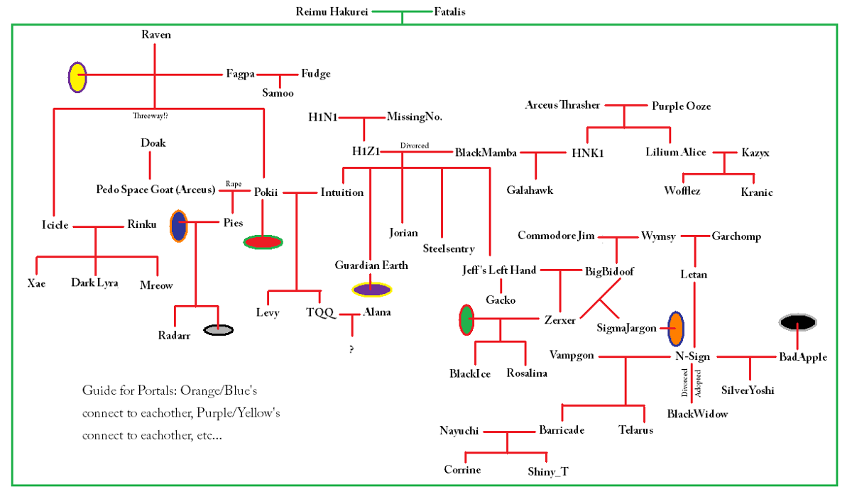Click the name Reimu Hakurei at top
pyautogui.click(x=332, y=11)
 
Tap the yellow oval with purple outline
pyautogui.click(x=77, y=77)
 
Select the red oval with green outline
pyautogui.click(x=263, y=242)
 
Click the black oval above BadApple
pyautogui.click(x=797, y=323)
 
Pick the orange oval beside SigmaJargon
pyautogui.click(x=676, y=328)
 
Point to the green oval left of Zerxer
pyautogui.click(x=466, y=319)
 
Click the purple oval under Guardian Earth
pyautogui.click(x=371, y=290)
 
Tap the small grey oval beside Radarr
pyautogui.click(x=218, y=329)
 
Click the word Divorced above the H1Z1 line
pyautogui.click(x=415, y=146)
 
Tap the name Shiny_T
pyautogui.click(x=548, y=471)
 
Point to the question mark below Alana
pyautogui.click(x=351, y=349)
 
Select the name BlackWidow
pyautogui.click(x=697, y=413)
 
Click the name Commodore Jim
pyautogui.click(x=556, y=236)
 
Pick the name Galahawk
pyautogui.click(x=530, y=190)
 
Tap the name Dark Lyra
pyautogui.click(x=94, y=283)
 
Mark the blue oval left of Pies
pyautogui.click(x=178, y=226)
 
